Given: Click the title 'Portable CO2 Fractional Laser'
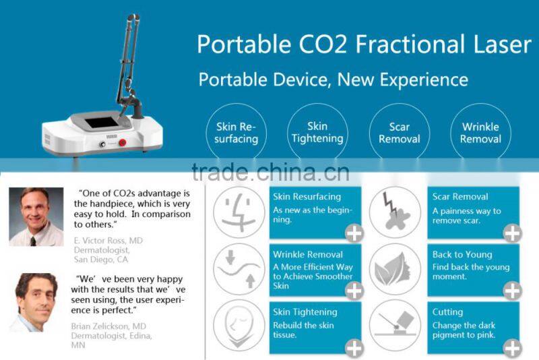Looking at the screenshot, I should pyautogui.click(x=364, y=44).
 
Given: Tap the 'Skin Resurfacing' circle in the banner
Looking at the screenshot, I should pyautogui.click(x=237, y=133).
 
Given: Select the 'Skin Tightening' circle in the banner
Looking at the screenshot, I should pyautogui.click(x=317, y=133).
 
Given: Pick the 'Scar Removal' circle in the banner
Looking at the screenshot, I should pyautogui.click(x=399, y=133).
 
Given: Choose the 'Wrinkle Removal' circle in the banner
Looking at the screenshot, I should pyautogui.click(x=480, y=133).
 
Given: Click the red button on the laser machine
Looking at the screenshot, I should pyautogui.click(x=123, y=143).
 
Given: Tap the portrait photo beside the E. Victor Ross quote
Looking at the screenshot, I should pyautogui.click(x=36, y=216).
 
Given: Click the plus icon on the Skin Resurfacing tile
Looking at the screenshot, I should pyautogui.click(x=354, y=233).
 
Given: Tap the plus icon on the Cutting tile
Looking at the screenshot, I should pyautogui.click(x=513, y=349).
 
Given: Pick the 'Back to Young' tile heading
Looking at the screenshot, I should pyautogui.click(x=462, y=254).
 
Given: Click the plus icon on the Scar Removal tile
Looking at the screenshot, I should pyautogui.click(x=513, y=233).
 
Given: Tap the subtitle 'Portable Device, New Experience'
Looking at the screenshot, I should pyautogui.click(x=333, y=80).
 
